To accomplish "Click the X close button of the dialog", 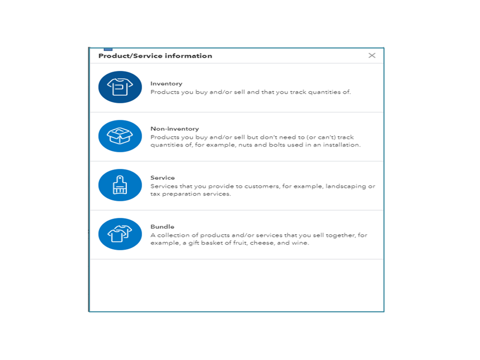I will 372,56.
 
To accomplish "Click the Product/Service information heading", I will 155,56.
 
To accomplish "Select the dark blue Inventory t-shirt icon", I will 120,87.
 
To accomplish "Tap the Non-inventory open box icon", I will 120,136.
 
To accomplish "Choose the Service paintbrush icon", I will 120,185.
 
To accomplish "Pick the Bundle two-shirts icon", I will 120,234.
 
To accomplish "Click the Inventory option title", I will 166,84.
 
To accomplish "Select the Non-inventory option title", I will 174,129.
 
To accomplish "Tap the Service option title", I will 162,178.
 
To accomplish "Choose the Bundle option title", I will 162,227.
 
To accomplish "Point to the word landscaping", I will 346,186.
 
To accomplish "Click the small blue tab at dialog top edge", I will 108,49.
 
